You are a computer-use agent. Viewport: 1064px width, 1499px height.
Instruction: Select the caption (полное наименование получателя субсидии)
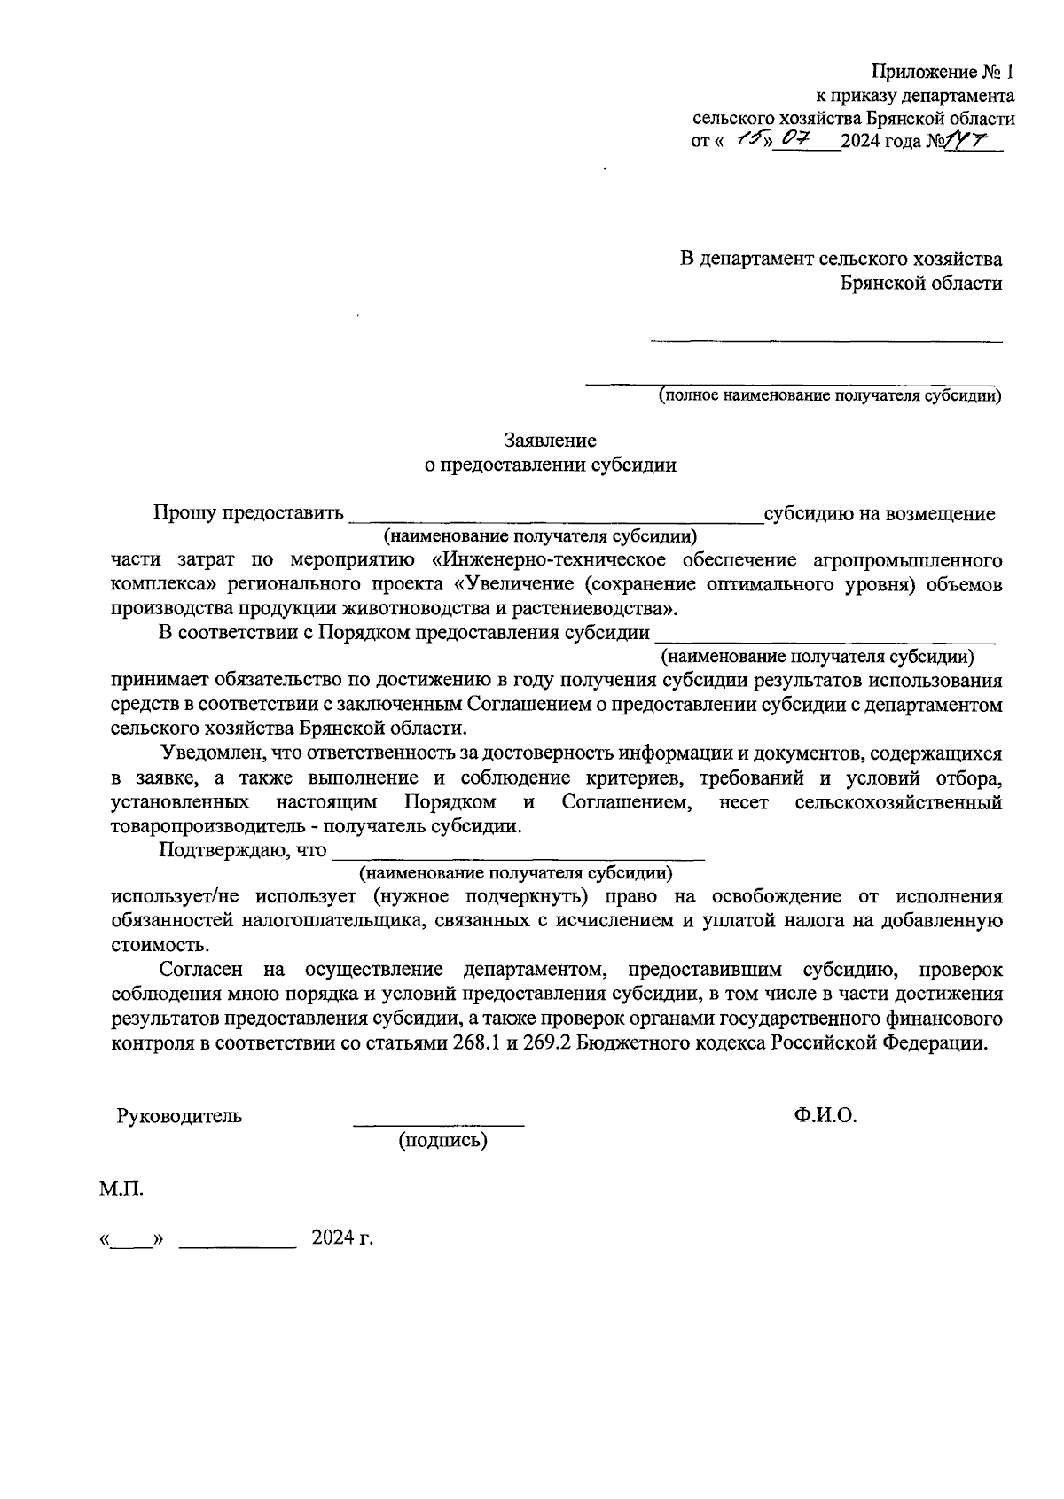pos(829,395)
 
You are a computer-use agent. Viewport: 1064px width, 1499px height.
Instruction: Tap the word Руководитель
pos(179,1116)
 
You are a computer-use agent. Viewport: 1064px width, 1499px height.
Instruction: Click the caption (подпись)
pos(443,1141)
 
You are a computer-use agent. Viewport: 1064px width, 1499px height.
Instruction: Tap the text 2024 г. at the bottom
pos(342,1238)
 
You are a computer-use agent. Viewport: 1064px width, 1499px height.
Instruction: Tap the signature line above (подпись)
pos(439,1124)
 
